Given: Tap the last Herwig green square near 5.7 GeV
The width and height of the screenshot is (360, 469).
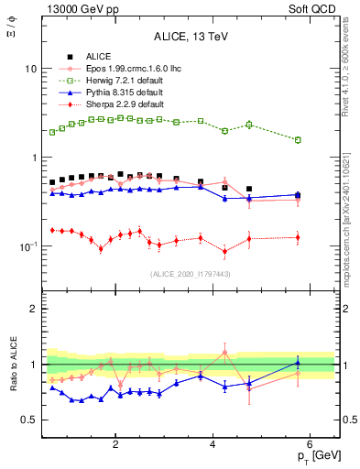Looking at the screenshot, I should [297, 140].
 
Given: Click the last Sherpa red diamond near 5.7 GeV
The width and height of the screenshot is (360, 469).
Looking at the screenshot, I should [297, 237].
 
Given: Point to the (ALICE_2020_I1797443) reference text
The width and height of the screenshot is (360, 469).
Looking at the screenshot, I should [189, 274].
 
